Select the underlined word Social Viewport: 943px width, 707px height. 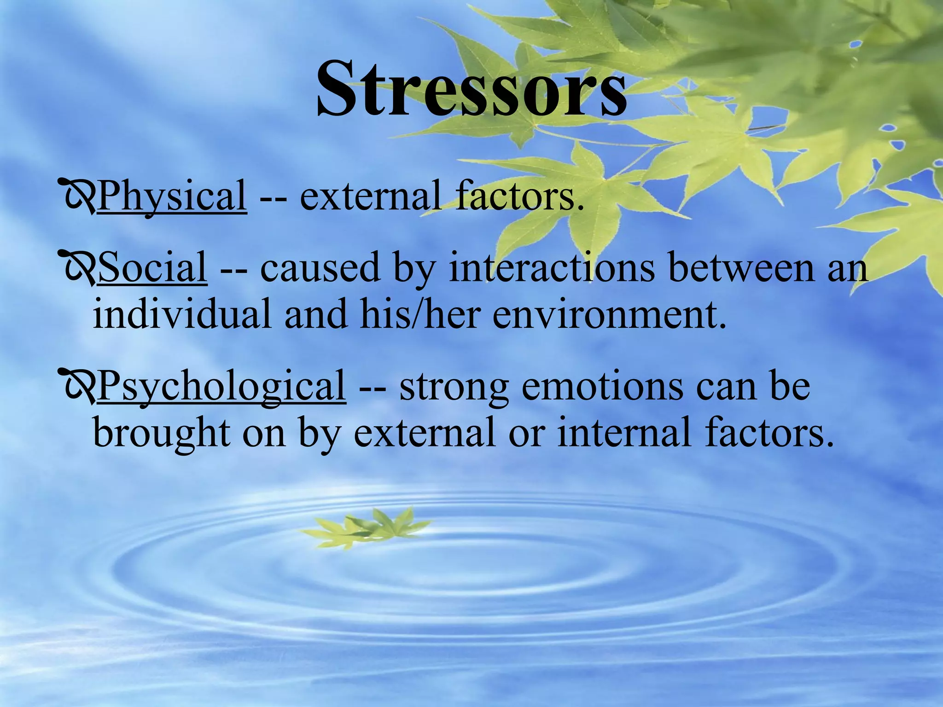tap(152, 268)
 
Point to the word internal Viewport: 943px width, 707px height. tap(624, 433)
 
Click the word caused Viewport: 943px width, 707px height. tap(320, 268)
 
